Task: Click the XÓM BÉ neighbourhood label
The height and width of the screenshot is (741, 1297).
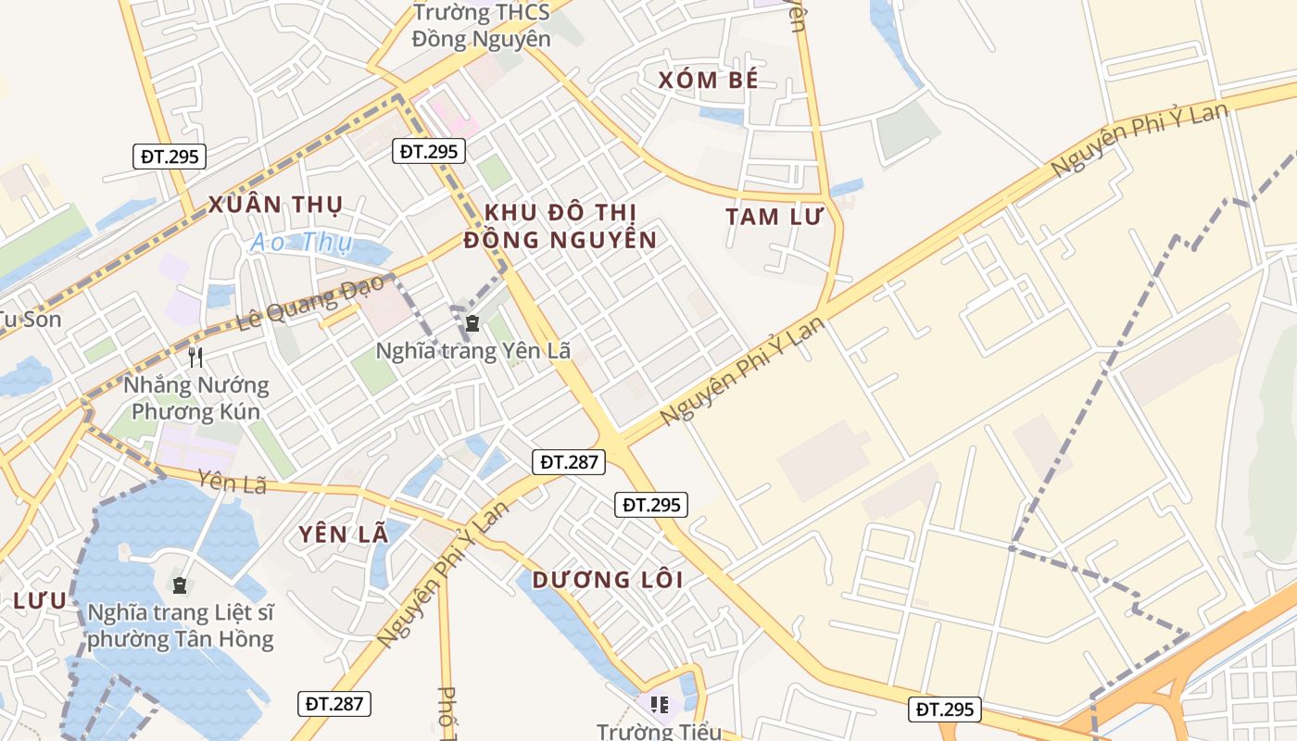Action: pyautogui.click(x=709, y=81)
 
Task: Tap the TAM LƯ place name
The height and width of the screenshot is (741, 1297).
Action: pyautogui.click(x=774, y=217)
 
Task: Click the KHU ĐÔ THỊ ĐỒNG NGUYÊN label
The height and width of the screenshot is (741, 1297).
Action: pyautogui.click(x=560, y=226)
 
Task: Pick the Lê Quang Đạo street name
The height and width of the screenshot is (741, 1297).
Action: pyautogui.click(x=311, y=304)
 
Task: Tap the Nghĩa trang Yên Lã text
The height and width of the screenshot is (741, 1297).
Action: pyautogui.click(x=472, y=351)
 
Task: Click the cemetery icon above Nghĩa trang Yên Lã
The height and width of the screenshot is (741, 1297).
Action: pyautogui.click(x=472, y=323)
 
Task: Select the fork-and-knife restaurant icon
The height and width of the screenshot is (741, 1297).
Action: pyautogui.click(x=195, y=357)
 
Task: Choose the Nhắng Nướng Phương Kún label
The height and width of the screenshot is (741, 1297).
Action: pyautogui.click(x=195, y=398)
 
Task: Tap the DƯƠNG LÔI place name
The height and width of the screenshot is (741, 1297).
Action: pyautogui.click(x=608, y=581)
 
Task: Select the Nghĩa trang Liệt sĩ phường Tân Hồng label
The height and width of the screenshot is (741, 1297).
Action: pyautogui.click(x=181, y=626)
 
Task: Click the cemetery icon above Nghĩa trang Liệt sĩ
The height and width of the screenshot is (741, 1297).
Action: pyautogui.click(x=179, y=585)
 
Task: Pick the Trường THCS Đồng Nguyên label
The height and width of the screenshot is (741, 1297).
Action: pyautogui.click(x=481, y=26)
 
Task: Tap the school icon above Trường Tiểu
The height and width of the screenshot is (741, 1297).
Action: pyautogui.click(x=660, y=706)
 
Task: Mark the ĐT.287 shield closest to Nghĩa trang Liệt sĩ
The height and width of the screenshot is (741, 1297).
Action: pyautogui.click(x=334, y=704)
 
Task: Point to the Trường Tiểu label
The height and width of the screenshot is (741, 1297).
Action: pyautogui.click(x=659, y=731)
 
